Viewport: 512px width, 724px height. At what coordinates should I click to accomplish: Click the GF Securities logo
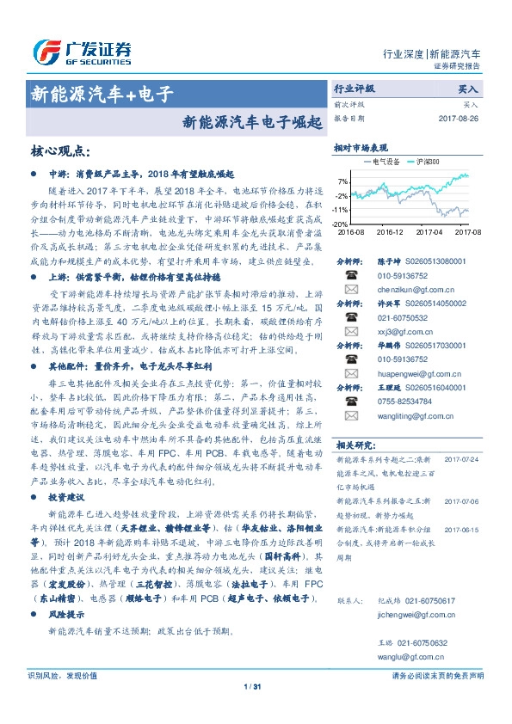(83, 52)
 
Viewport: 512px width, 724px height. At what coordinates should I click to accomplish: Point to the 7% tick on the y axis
(342, 181)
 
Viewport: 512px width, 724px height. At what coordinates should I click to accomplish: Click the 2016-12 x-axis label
(390, 231)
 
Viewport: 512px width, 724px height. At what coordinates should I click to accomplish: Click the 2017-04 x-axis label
(429, 231)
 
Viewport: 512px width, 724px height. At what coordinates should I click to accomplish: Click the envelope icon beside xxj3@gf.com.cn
(349, 330)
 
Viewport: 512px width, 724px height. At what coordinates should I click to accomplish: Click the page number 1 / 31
(252, 709)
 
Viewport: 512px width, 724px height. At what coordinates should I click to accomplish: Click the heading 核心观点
(60, 150)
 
